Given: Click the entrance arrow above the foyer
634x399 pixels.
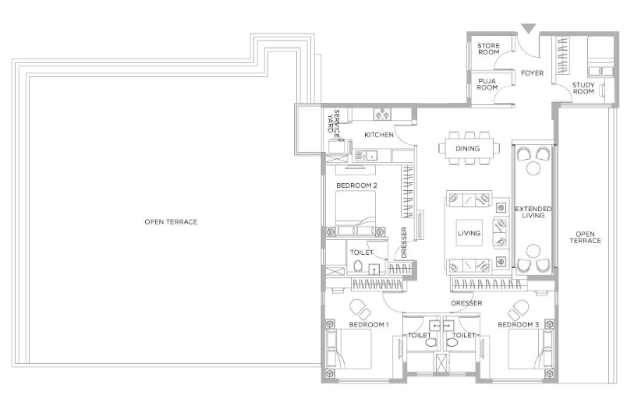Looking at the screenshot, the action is (528, 29).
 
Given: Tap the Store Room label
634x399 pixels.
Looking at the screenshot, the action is (488, 49).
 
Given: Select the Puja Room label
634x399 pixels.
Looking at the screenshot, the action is (487, 84).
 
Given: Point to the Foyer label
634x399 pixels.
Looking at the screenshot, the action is (532, 73).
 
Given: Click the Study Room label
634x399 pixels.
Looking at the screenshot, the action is (583, 88).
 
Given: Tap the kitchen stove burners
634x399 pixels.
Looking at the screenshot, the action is (382, 114).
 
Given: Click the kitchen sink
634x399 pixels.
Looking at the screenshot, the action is (366, 155).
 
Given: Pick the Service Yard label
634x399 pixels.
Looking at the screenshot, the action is (333, 122).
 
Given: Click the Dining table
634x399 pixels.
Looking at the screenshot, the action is (469, 148).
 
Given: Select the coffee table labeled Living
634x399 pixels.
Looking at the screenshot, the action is (469, 233).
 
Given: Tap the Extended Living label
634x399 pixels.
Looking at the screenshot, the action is (533, 212).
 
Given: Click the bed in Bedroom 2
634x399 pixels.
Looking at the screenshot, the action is (356, 213).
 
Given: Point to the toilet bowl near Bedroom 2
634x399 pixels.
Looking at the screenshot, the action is (358, 267).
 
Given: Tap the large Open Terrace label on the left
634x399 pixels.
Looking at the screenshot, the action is (171, 221).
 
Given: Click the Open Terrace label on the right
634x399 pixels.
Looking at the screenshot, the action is (585, 238).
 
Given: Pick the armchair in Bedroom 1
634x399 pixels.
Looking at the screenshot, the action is (360, 309).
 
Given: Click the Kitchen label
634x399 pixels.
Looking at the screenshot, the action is (379, 135).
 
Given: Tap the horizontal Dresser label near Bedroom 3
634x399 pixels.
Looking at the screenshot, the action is (466, 303).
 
